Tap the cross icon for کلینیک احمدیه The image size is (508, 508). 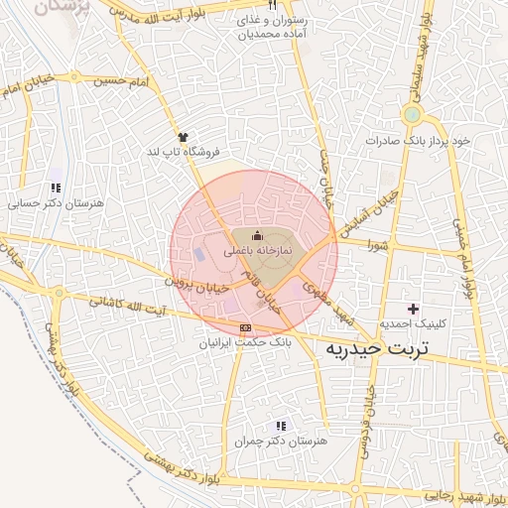click(414, 310)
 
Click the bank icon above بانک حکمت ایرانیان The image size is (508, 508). click(246, 328)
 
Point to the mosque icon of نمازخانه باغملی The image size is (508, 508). click(258, 235)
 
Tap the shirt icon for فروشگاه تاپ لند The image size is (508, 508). click(183, 137)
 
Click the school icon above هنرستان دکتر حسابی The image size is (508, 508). click(56, 187)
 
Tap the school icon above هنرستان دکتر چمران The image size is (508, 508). click(281, 425)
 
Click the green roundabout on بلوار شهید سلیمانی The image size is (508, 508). click(412, 114)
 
